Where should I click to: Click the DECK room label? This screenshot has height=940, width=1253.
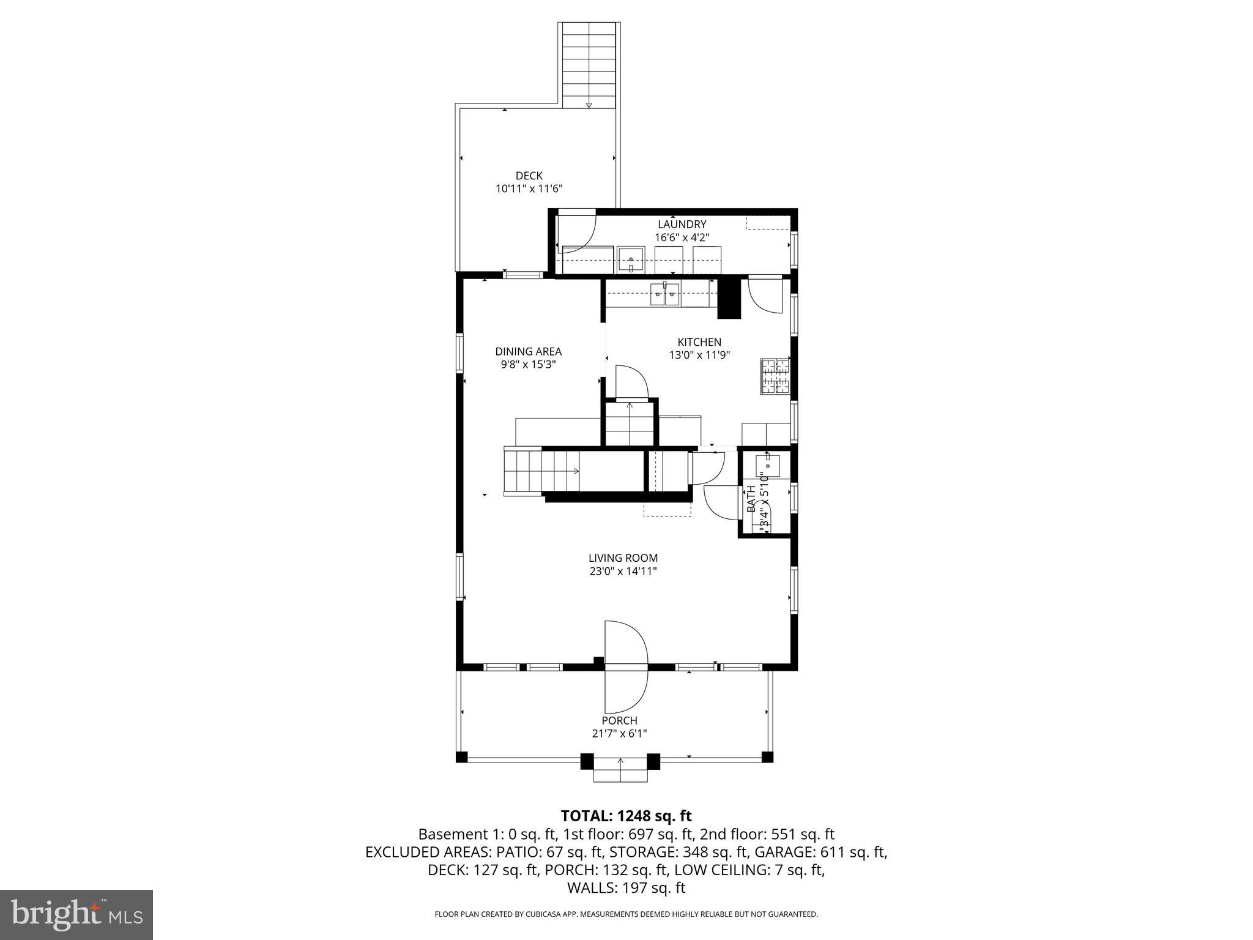(529, 176)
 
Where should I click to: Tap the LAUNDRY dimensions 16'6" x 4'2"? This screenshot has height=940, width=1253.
(682, 237)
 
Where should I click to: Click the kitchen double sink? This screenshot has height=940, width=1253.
(664, 294)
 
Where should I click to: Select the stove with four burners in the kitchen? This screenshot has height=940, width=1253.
(775, 376)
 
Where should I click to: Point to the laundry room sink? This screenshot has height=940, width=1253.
(631, 260)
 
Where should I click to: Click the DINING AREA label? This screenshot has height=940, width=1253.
(528, 351)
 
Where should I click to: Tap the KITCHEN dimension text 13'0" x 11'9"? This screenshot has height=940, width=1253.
(699, 355)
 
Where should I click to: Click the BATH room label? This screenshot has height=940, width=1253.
(751, 498)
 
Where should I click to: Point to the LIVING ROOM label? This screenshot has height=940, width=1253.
(623, 558)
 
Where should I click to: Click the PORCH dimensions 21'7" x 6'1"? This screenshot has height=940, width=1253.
(620, 733)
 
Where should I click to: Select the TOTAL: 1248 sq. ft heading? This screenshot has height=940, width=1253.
(626, 816)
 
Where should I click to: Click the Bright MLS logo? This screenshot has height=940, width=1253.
(76, 914)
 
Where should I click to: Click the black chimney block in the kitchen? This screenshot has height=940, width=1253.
(729, 298)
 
